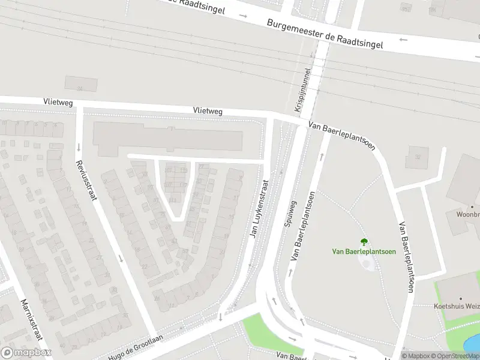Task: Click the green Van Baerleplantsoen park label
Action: (364, 251)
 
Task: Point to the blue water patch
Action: (473, 344)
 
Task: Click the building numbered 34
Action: (80, 84)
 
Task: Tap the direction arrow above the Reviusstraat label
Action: (79, 147)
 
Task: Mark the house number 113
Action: (183, 170)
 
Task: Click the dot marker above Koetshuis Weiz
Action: (461, 298)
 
